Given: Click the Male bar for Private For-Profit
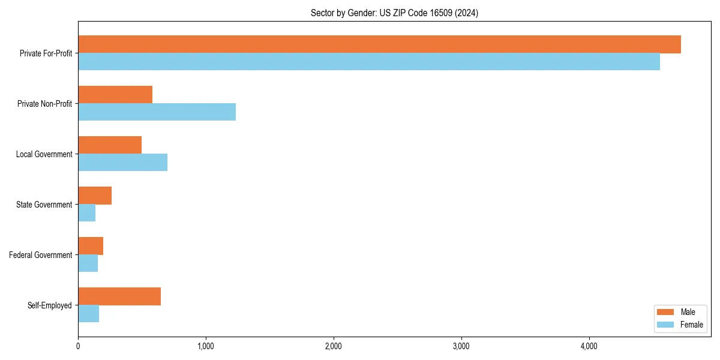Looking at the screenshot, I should (379, 44).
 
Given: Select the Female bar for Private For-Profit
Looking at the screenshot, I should (369, 62).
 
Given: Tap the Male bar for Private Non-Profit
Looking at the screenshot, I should (115, 95).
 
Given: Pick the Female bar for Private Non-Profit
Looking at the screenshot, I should (157, 112).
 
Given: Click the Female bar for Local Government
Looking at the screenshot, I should (122, 163).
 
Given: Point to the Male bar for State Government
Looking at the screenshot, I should (95, 196).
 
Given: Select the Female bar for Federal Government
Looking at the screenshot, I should (88, 263).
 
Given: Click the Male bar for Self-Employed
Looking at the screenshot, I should (119, 296).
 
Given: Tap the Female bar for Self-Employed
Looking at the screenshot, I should (88, 314).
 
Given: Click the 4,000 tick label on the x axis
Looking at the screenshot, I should (589, 346).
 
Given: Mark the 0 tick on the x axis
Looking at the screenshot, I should (78, 346).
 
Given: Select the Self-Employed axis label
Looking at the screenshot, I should (49, 305).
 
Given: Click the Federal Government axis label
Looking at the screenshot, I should (40, 255).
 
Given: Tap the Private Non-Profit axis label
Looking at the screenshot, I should (44, 104).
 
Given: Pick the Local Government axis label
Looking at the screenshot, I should (44, 154).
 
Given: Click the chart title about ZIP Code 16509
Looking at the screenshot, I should (394, 13).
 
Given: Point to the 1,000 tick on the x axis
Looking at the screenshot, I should (206, 346).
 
